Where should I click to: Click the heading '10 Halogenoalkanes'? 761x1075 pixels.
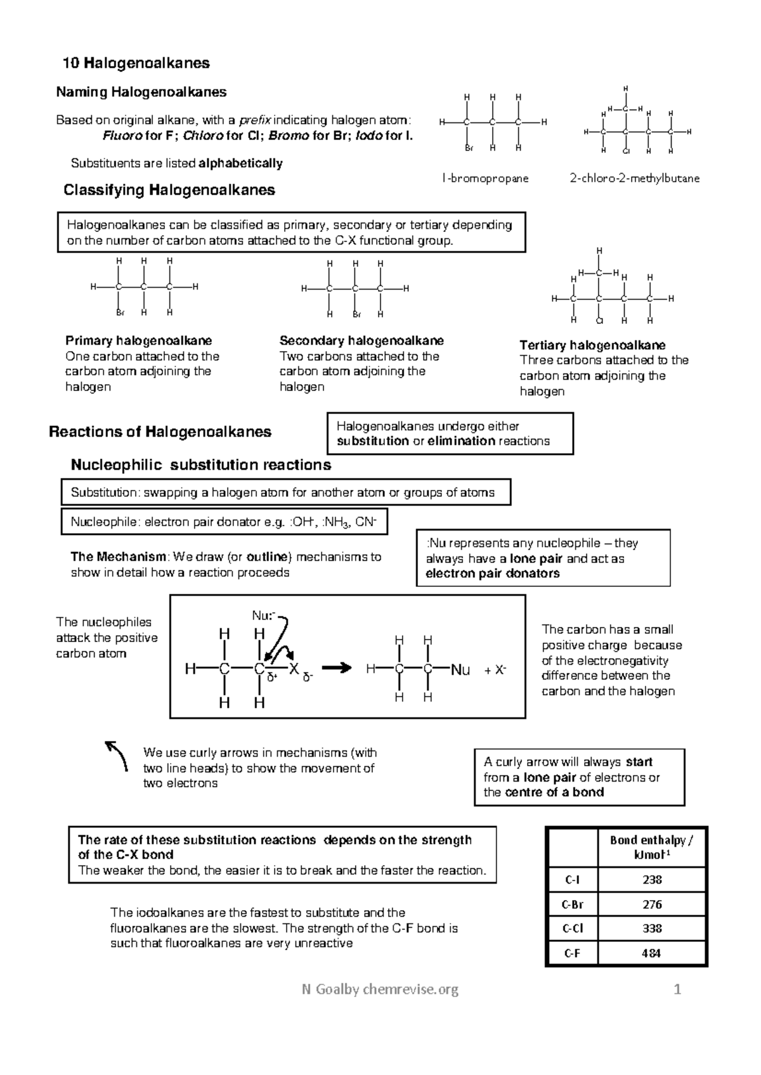(x=136, y=63)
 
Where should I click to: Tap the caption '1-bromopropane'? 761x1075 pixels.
(x=485, y=179)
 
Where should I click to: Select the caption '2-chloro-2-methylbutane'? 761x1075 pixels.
(x=635, y=179)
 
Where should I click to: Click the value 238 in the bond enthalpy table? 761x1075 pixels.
(x=652, y=880)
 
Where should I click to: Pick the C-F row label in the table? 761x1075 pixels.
(x=572, y=953)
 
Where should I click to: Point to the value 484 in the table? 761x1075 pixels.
(x=652, y=953)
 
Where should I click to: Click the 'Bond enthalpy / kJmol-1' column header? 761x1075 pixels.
(x=652, y=847)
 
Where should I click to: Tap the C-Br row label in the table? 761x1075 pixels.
(x=572, y=904)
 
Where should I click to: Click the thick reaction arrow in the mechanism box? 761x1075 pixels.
(x=336, y=667)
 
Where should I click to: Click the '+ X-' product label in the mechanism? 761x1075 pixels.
(x=495, y=670)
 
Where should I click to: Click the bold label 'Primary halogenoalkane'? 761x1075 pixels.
(x=139, y=341)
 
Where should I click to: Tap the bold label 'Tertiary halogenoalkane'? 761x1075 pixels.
(x=592, y=345)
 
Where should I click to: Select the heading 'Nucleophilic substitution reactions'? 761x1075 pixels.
(x=200, y=465)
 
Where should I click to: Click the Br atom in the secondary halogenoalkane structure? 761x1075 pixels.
(x=356, y=314)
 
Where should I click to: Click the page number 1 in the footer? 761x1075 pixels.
(x=677, y=989)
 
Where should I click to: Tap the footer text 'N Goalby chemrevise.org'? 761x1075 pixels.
(x=380, y=989)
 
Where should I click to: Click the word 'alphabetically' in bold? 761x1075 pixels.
(x=240, y=164)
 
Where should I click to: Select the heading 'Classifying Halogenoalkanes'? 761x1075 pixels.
(x=169, y=190)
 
